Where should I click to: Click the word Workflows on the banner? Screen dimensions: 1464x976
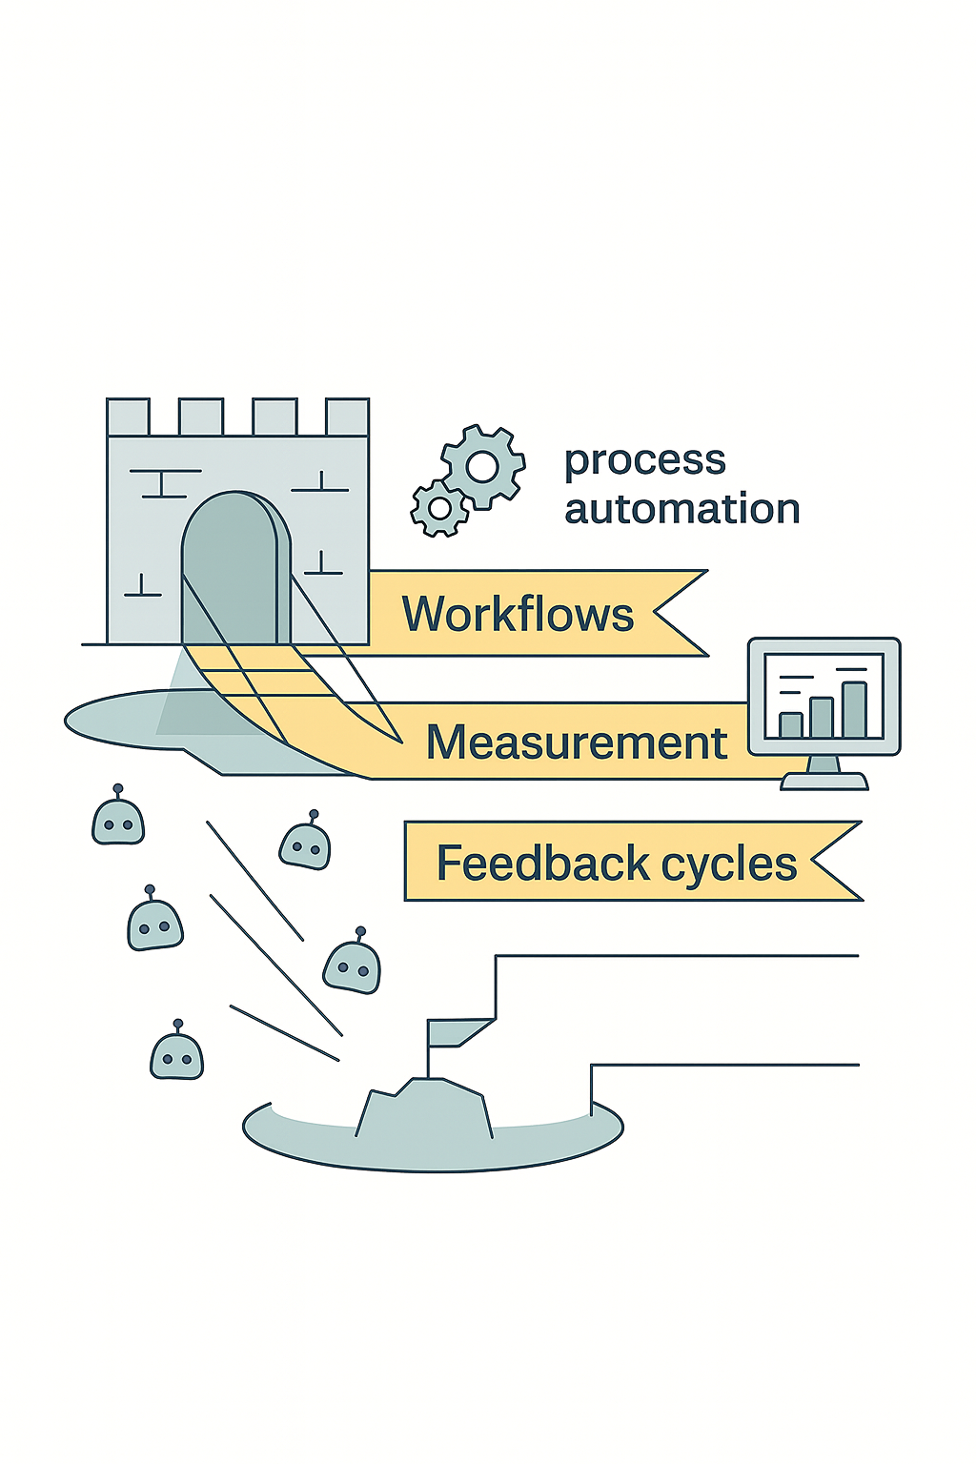tap(518, 614)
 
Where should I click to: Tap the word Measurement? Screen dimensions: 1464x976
tap(576, 742)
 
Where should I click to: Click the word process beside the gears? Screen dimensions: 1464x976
tap(645, 461)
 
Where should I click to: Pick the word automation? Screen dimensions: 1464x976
tap(682, 509)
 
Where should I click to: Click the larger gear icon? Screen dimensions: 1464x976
tap(482, 466)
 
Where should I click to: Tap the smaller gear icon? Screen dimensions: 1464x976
tap(439, 508)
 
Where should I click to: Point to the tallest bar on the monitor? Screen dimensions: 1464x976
tap(854, 710)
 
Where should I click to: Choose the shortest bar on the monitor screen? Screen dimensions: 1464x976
tap(790, 725)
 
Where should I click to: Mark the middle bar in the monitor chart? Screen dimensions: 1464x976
tap(822, 718)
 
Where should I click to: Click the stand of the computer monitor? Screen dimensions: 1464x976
tap(823, 774)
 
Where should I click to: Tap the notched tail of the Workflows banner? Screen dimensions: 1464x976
tap(679, 613)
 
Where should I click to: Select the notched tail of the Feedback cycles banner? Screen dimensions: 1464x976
tap(835, 861)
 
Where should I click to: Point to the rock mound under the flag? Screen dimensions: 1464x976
tap(425, 1110)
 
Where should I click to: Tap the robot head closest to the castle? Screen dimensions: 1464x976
tap(118, 821)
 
